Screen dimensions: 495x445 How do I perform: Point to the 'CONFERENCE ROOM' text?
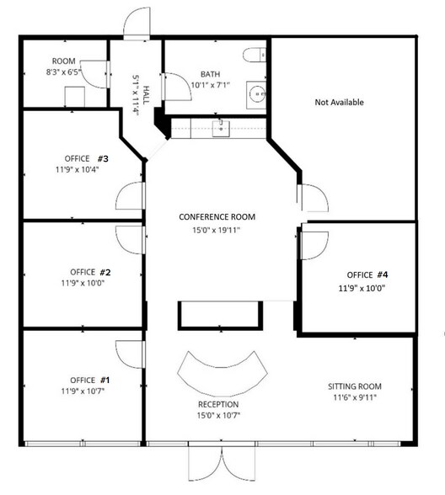tap(217, 217)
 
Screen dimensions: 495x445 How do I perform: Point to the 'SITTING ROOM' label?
tap(355, 386)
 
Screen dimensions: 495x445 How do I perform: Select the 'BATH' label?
tap(211, 74)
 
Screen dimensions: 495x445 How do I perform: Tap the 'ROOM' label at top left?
tap(64, 61)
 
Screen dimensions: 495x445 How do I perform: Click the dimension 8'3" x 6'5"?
tap(64, 73)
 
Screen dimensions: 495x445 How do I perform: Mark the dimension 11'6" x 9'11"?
tap(355, 398)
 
